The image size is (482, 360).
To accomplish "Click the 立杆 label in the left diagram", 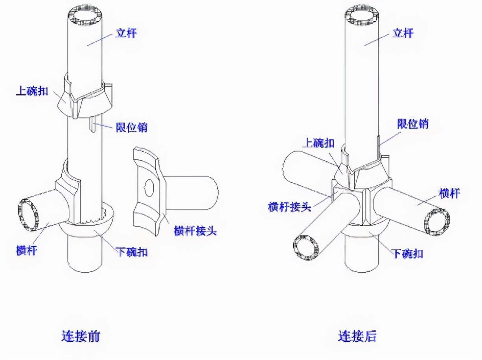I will [x=125, y=33].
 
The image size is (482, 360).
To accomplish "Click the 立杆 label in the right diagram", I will [x=403, y=33].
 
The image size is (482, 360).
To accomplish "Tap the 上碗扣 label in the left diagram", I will [x=32, y=91].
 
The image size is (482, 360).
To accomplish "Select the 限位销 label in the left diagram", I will [x=131, y=127].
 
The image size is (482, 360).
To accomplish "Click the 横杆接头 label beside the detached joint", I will [x=195, y=230].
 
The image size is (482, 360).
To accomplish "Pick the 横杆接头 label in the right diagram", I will [x=289, y=206].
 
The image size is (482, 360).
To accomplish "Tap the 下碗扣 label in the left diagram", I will [x=132, y=252].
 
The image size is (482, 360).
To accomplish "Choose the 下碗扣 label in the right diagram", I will [x=408, y=253].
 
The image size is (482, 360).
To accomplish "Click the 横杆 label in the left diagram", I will [x=26, y=250].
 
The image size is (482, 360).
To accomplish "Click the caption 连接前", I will [x=81, y=336].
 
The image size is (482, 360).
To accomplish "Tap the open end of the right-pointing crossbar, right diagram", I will [x=439, y=222].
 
